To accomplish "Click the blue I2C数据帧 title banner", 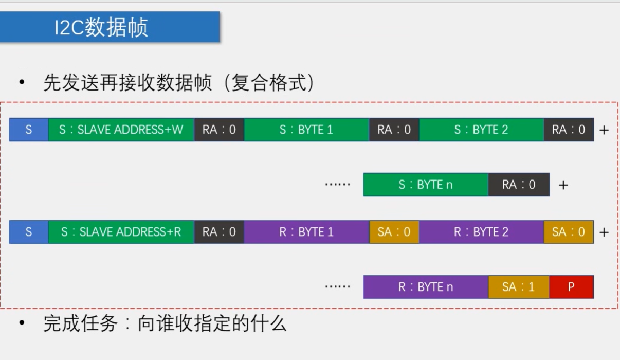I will tap(110, 27).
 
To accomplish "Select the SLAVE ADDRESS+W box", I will tap(121, 130).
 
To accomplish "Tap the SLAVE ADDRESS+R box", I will tap(121, 232).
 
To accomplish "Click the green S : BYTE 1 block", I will tap(306, 130).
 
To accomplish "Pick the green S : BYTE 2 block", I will tap(481, 130).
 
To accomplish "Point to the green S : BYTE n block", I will tap(426, 185).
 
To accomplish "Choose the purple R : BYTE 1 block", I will tap(306, 232).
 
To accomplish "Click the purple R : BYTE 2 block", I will tap(481, 232).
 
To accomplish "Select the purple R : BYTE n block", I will tap(426, 287).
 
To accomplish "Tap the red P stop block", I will tap(571, 287).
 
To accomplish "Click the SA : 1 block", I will tap(518, 287).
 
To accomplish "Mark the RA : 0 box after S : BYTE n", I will tap(518, 185).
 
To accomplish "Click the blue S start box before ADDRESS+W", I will tap(29, 130).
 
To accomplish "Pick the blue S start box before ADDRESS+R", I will tap(29, 232).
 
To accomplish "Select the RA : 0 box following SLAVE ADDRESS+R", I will tap(219, 232).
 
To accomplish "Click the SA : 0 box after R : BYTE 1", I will tap(394, 232).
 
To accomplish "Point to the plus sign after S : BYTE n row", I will tap(563, 185).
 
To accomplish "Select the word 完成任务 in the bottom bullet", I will tap(81, 323).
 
